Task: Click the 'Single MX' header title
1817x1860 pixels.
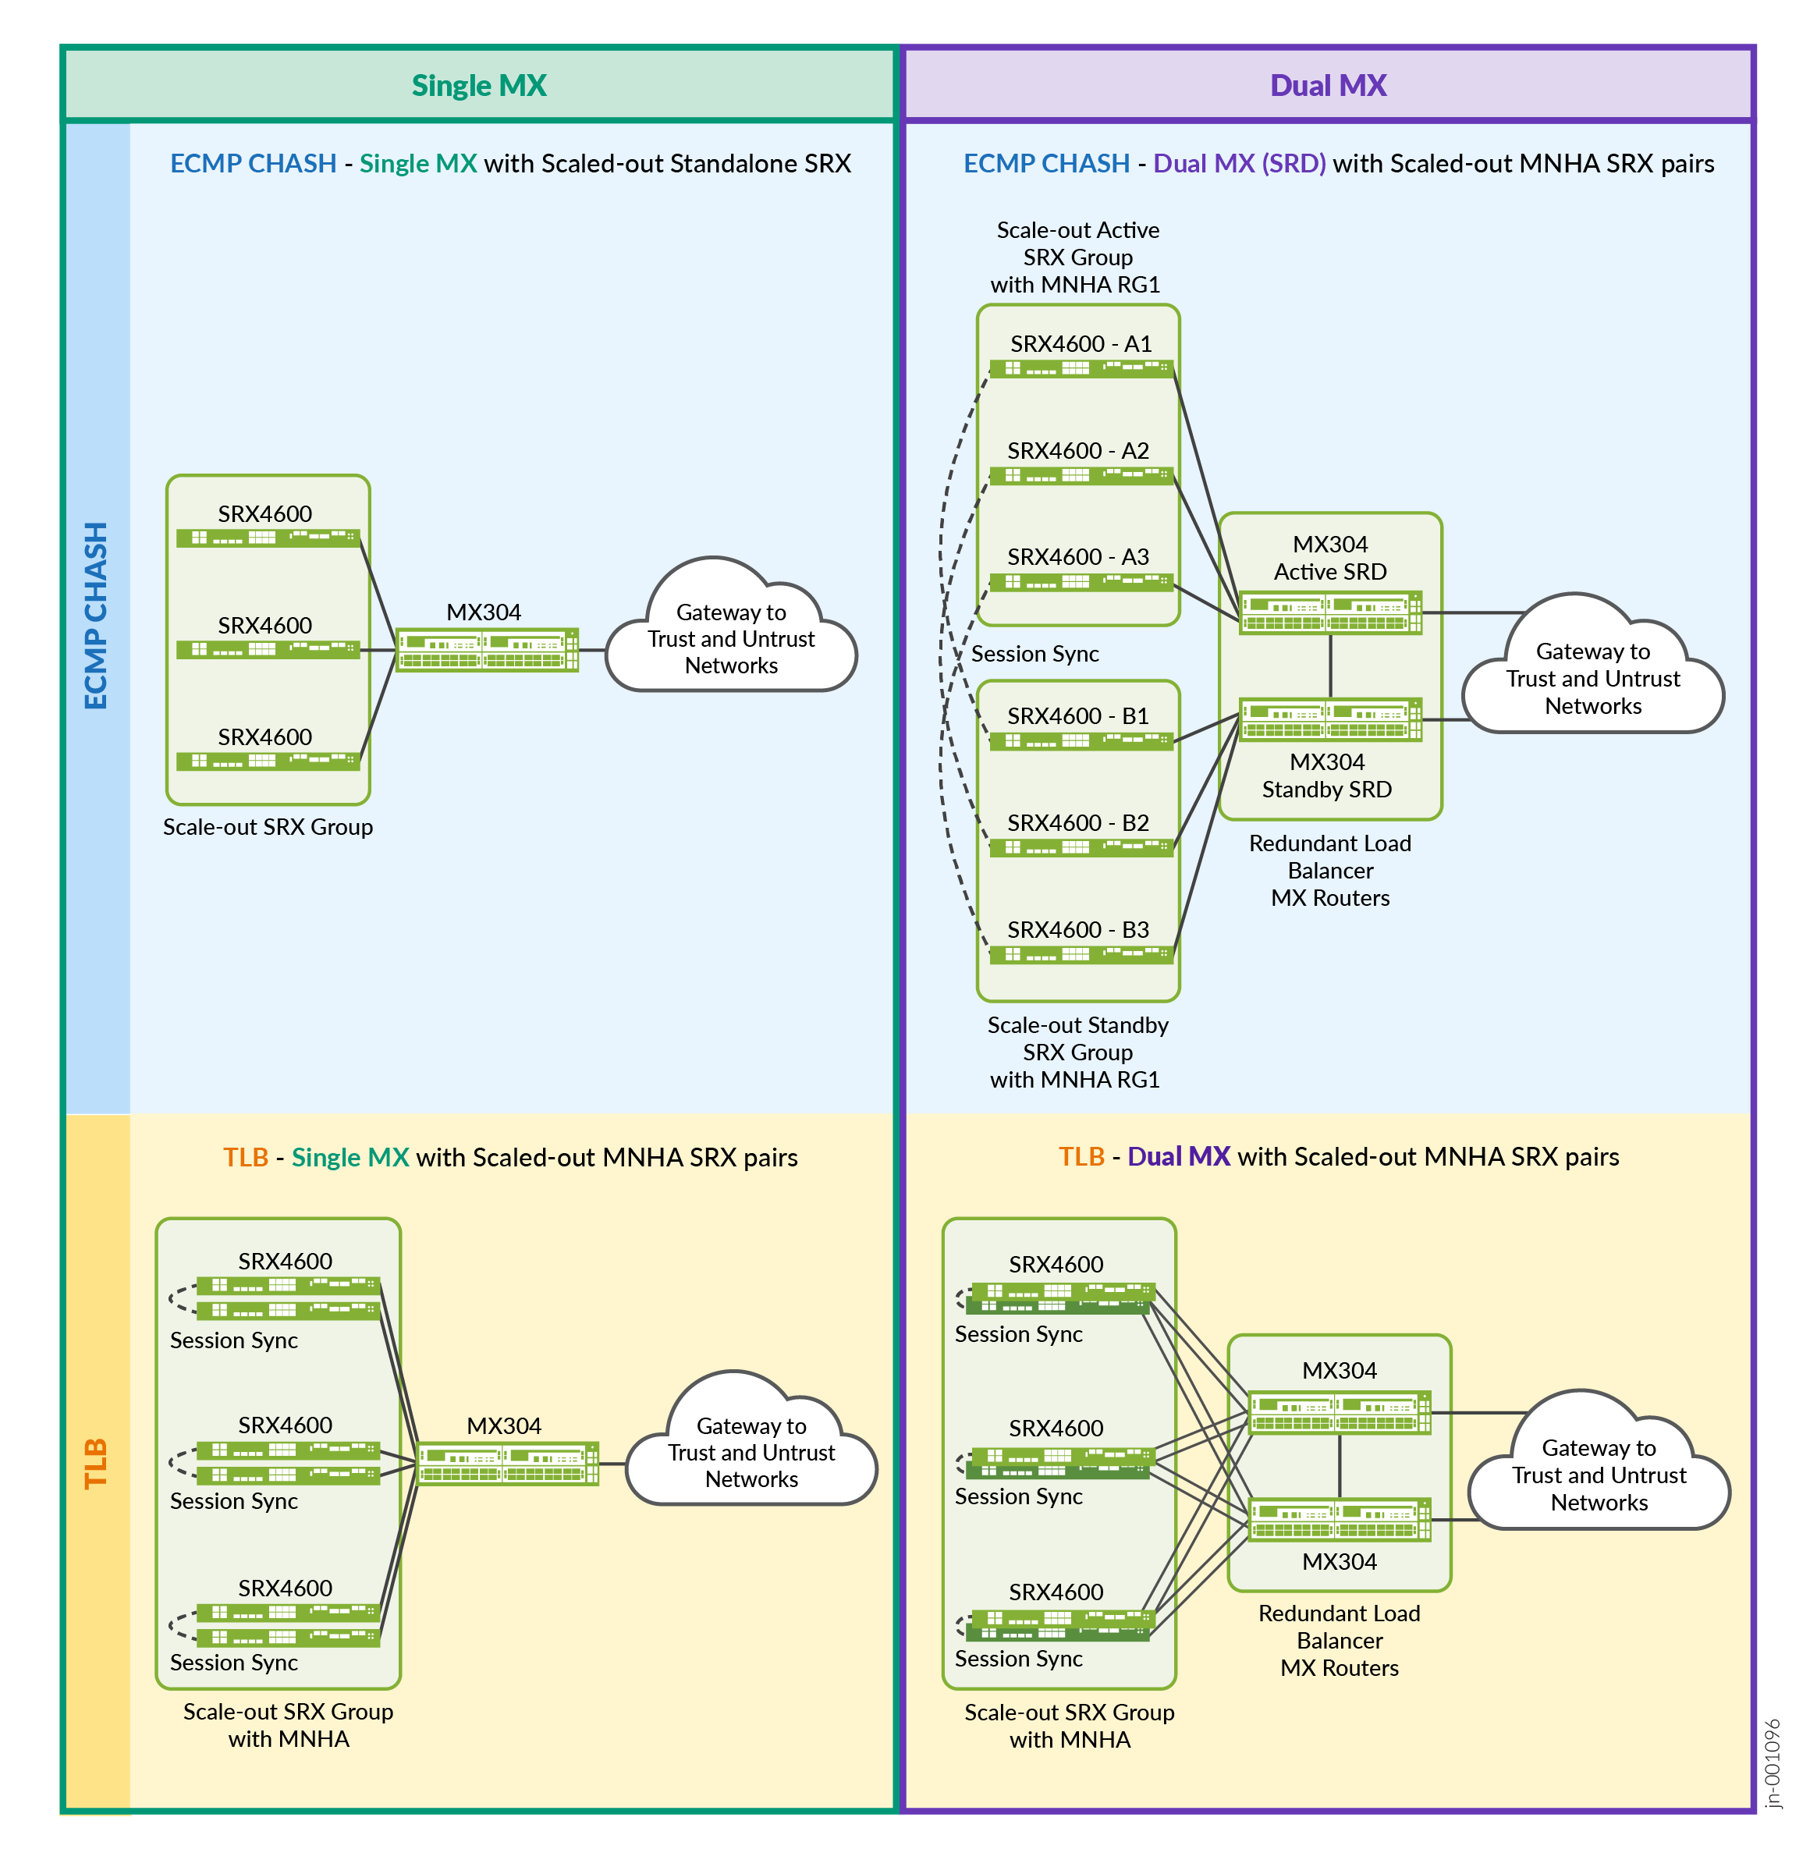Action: click(478, 86)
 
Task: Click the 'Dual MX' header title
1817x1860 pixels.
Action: click(1327, 86)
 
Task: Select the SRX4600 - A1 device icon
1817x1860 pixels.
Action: click(1081, 369)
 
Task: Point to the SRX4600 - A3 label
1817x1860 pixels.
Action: click(1077, 556)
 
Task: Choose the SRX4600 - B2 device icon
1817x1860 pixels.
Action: click(1081, 847)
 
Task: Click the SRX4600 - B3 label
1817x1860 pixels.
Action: click(1077, 929)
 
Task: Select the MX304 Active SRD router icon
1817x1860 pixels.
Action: click(1330, 612)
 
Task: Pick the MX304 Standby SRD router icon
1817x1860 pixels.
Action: click(1330, 719)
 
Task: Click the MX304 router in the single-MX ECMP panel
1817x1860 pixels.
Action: click(487, 650)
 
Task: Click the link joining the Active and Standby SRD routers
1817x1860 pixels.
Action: click(1330, 666)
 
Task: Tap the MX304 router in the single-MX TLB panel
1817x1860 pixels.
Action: click(507, 1464)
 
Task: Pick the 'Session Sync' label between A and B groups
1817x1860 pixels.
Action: click(1034, 654)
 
